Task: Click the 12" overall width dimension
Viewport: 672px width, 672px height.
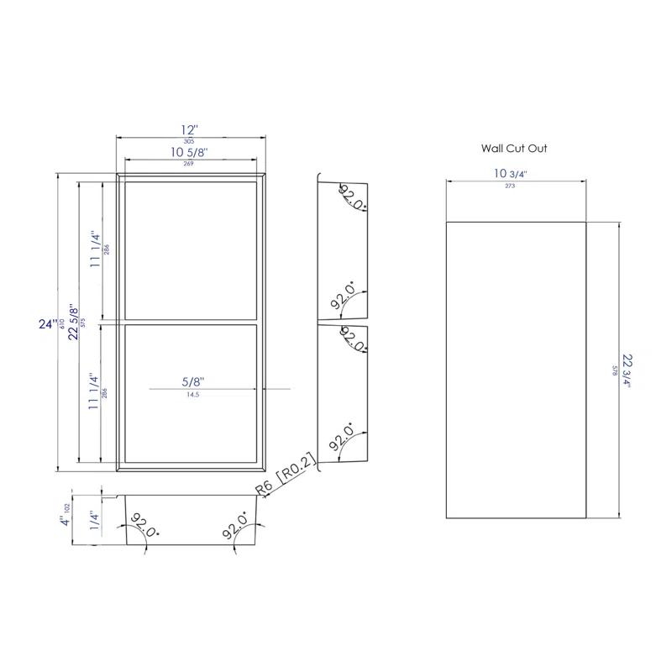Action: click(191, 130)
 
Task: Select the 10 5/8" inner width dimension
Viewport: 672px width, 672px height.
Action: click(189, 152)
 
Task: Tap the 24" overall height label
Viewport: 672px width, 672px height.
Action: click(49, 323)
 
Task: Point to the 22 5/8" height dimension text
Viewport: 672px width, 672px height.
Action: click(73, 322)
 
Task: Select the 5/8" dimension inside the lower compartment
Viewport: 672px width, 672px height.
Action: click(192, 381)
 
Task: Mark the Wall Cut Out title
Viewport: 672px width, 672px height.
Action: click(514, 148)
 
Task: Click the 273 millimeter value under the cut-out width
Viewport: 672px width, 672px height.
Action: click(510, 186)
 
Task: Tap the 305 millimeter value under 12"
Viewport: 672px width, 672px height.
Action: click(190, 142)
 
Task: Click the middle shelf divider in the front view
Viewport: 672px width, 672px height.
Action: click(191, 322)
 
